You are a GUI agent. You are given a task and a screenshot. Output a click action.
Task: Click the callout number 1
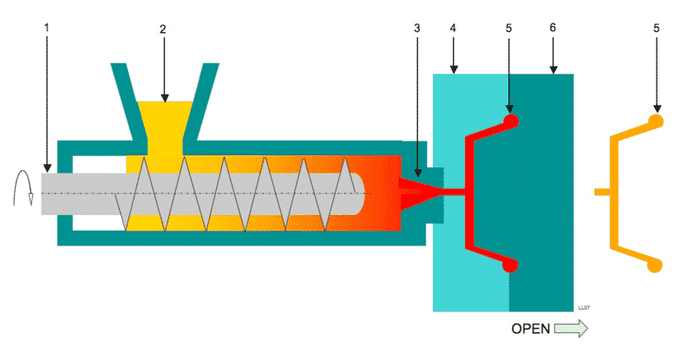pos(47,29)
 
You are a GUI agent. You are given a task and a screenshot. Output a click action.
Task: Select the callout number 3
pos(417,29)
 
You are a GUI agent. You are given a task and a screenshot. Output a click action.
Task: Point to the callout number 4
pos(454,29)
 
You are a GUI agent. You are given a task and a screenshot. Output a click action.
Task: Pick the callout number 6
pos(552,29)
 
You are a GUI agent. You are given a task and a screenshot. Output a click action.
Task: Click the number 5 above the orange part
pos(656,29)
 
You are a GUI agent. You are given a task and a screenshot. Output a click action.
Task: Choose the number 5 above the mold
pos(509,29)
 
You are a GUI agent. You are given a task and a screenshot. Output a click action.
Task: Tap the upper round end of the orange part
pos(657,121)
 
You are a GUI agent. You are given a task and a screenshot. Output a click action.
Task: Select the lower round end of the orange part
pos(657,264)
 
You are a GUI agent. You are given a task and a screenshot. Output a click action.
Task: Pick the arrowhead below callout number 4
pos(454,69)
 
